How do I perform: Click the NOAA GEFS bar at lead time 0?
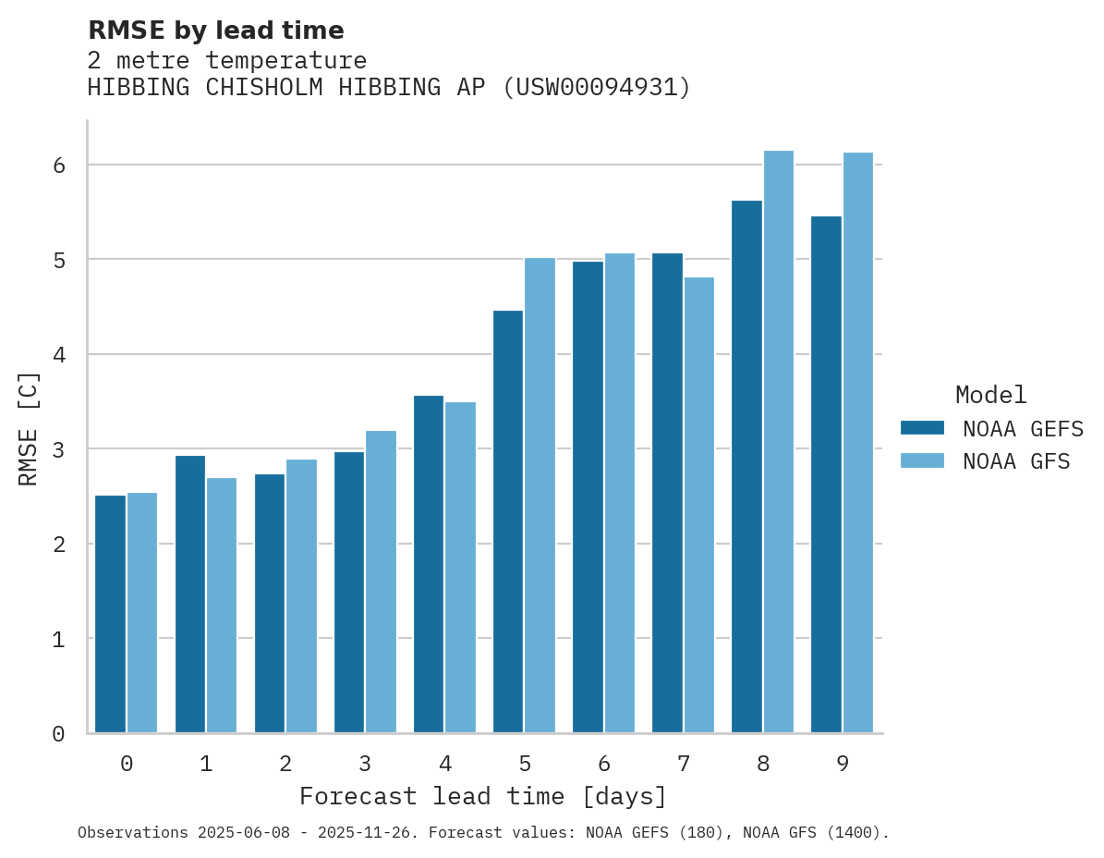(110, 614)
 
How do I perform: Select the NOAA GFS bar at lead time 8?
(778, 442)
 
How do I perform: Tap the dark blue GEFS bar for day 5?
(508, 521)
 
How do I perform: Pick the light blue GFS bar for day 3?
(381, 582)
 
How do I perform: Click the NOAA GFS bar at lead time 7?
(698, 505)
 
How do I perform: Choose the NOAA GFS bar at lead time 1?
(222, 605)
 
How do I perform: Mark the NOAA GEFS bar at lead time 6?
(588, 497)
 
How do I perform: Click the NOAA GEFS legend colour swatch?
(922, 428)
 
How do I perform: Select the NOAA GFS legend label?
(1016, 461)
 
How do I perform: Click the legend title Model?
(990, 395)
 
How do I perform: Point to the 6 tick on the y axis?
(58, 165)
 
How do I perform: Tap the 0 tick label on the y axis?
(58, 734)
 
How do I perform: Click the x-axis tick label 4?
(445, 764)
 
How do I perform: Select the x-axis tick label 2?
(285, 764)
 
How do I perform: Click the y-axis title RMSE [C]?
(29, 428)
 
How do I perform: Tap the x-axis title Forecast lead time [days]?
(482, 796)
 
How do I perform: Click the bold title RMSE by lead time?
(215, 31)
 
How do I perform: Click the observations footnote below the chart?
(482, 833)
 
